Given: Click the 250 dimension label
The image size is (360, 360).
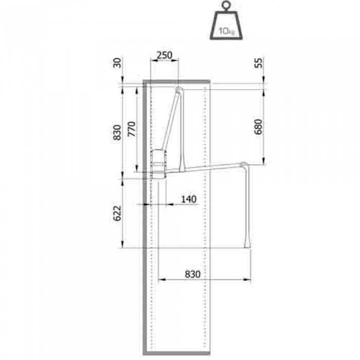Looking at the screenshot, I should click(x=164, y=55).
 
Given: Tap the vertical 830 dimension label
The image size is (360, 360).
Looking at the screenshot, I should click(x=117, y=132).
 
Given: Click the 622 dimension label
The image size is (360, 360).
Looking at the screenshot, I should click(x=117, y=213).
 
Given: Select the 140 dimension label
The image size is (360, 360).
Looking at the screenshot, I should click(x=189, y=199).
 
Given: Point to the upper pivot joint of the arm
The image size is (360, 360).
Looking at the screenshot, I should click(x=178, y=91).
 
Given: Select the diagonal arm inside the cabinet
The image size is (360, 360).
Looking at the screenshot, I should click(x=171, y=123).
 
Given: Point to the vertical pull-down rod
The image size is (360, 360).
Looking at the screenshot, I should click(x=247, y=206).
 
